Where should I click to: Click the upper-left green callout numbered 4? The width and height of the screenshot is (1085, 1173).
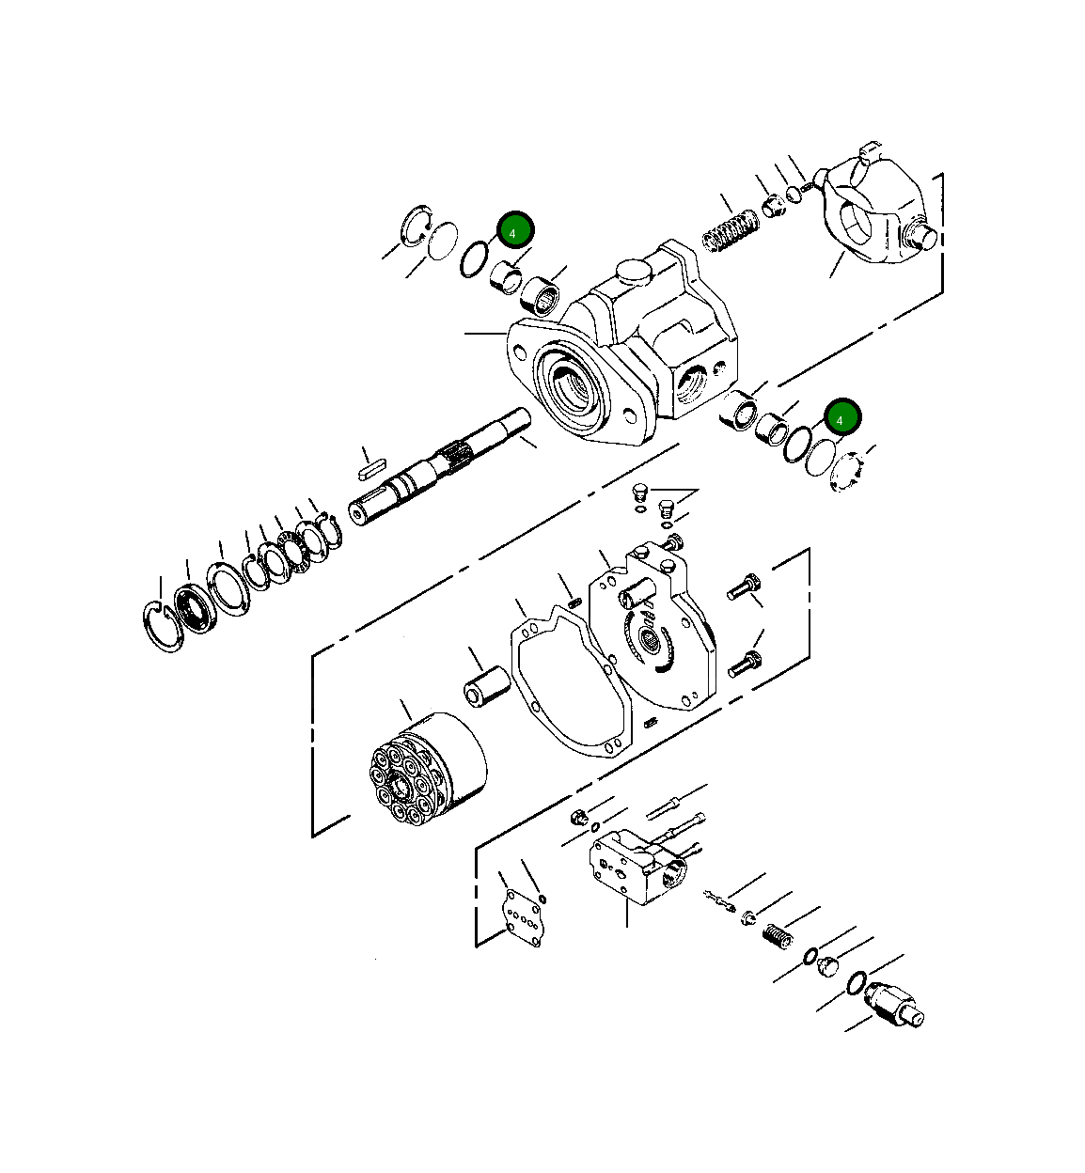coord(514,230)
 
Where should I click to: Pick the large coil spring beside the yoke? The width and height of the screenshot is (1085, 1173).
coord(731,231)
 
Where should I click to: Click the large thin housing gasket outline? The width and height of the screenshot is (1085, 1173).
coord(568,681)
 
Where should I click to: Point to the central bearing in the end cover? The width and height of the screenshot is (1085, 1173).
coord(649,643)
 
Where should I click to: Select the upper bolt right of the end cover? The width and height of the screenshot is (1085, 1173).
coord(741,588)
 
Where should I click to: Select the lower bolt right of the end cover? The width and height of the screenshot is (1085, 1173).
coord(742,665)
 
